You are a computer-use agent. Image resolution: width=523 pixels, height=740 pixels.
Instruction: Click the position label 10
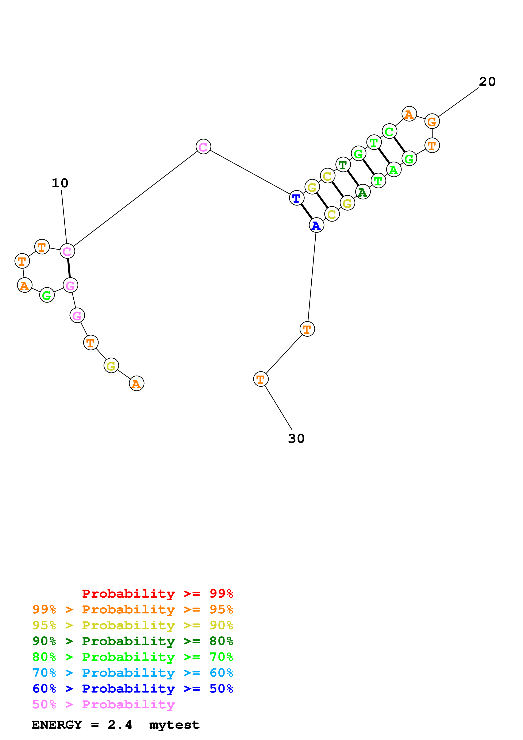pyautogui.click(x=60, y=183)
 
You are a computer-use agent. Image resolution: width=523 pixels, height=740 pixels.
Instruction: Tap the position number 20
pyautogui.click(x=487, y=82)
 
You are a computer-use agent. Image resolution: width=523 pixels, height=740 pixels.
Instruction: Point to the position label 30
pyautogui.click(x=296, y=438)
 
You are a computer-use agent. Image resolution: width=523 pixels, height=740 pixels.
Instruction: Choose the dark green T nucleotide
pyautogui.click(x=343, y=165)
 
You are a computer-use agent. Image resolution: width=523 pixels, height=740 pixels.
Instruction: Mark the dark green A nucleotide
pyautogui.click(x=363, y=192)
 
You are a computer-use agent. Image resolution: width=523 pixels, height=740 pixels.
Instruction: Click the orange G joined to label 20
pyautogui.click(x=432, y=122)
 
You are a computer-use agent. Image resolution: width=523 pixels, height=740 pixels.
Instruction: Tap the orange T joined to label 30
pyautogui.click(x=261, y=379)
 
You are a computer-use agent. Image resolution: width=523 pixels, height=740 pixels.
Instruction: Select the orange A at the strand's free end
pyautogui.click(x=137, y=384)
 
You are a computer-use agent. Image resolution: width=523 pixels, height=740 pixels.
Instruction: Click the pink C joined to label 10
pyautogui.click(x=67, y=251)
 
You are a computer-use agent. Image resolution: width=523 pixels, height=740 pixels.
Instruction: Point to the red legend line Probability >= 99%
pyautogui.click(x=157, y=593)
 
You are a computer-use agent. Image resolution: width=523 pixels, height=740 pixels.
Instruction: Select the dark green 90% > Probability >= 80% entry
pyautogui.click(x=132, y=641)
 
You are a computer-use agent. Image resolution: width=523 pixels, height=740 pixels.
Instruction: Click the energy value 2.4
pyautogui.click(x=120, y=725)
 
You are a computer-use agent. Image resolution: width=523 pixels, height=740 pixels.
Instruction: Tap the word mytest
pyautogui.click(x=174, y=725)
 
